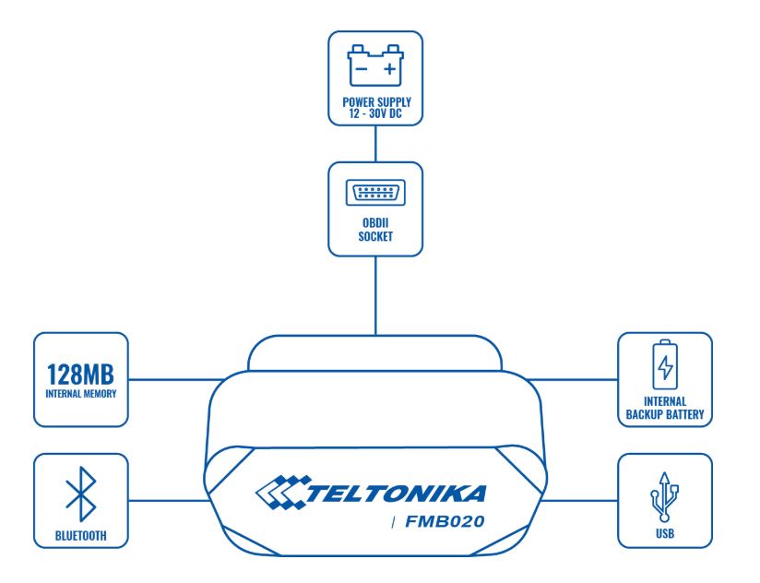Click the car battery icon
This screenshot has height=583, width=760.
(x=375, y=65)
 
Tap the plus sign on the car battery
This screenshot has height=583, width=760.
(x=390, y=69)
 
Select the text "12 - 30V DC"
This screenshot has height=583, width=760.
(x=375, y=113)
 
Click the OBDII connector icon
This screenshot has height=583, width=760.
(x=375, y=193)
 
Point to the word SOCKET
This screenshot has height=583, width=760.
(x=375, y=236)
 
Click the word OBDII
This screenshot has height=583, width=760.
(x=375, y=223)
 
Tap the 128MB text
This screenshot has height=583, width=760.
(x=80, y=375)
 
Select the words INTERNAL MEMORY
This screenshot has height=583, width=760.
(x=81, y=394)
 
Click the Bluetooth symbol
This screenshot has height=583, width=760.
(x=81, y=494)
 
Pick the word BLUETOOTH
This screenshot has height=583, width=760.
(x=81, y=536)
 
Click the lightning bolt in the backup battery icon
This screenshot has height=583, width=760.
(x=665, y=368)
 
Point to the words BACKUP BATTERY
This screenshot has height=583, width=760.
(x=665, y=415)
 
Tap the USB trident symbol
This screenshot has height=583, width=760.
(x=664, y=496)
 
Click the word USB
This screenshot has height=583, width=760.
(x=665, y=533)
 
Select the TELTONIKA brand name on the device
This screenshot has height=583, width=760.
(x=396, y=494)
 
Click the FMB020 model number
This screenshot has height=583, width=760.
(x=445, y=521)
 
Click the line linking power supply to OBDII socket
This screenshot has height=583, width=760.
(x=375, y=144)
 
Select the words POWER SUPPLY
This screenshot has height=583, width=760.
(x=376, y=102)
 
